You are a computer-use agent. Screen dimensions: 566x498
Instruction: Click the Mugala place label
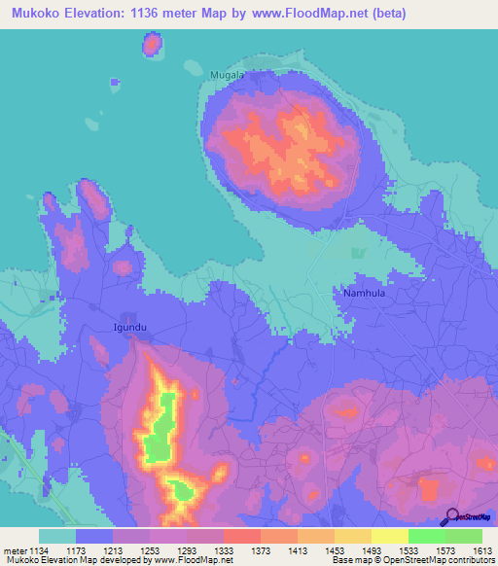[x=227, y=74]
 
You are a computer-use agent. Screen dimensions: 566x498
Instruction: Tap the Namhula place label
[x=365, y=292]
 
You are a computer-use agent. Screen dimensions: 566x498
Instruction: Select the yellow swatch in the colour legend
[x=389, y=536]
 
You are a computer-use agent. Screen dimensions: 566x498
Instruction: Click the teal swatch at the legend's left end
[x=57, y=536]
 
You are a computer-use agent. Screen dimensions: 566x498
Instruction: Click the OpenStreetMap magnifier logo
[x=450, y=518]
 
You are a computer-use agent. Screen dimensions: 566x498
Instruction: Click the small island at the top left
[x=152, y=44]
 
